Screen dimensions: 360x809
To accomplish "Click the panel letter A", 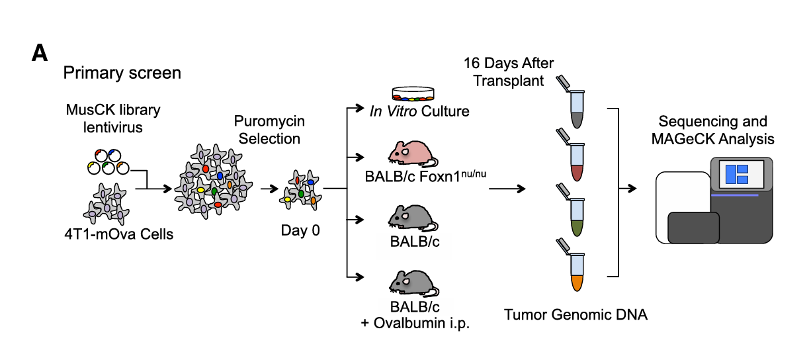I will (40, 54).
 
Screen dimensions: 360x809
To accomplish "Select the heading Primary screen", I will (122, 72).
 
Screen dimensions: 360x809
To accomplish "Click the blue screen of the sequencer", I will (736, 175).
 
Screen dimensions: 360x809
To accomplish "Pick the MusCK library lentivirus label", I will (112, 117).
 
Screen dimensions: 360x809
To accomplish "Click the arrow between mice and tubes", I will (507, 189).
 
